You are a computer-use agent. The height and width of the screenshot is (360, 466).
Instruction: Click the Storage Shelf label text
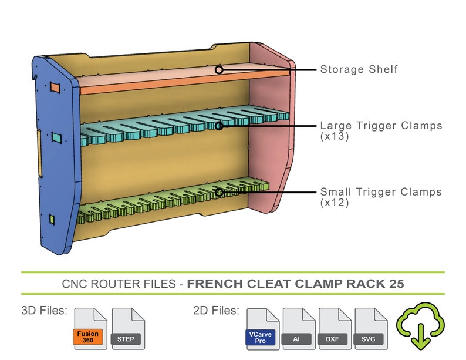[x=359, y=69]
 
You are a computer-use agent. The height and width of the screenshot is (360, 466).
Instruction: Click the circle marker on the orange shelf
[x=219, y=69]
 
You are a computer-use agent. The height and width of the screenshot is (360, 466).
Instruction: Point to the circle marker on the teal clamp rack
[x=219, y=125]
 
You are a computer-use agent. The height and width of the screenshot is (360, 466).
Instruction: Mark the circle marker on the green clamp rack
[x=219, y=191]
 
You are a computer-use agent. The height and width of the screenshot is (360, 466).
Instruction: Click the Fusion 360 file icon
[x=90, y=329]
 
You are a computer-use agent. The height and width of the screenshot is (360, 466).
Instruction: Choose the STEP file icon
[x=127, y=329]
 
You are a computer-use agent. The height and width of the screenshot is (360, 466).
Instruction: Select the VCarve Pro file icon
[x=262, y=329]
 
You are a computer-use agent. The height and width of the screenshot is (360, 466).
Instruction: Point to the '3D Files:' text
[x=44, y=310]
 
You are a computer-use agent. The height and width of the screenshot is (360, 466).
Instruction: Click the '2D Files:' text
[x=216, y=310]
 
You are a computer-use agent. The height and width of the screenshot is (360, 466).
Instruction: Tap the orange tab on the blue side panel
[x=55, y=88]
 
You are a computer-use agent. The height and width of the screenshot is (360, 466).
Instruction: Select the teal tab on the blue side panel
[x=56, y=138]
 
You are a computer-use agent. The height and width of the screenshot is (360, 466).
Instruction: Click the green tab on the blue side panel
[x=51, y=219]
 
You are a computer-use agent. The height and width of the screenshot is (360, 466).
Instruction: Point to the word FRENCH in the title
[x=212, y=284]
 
